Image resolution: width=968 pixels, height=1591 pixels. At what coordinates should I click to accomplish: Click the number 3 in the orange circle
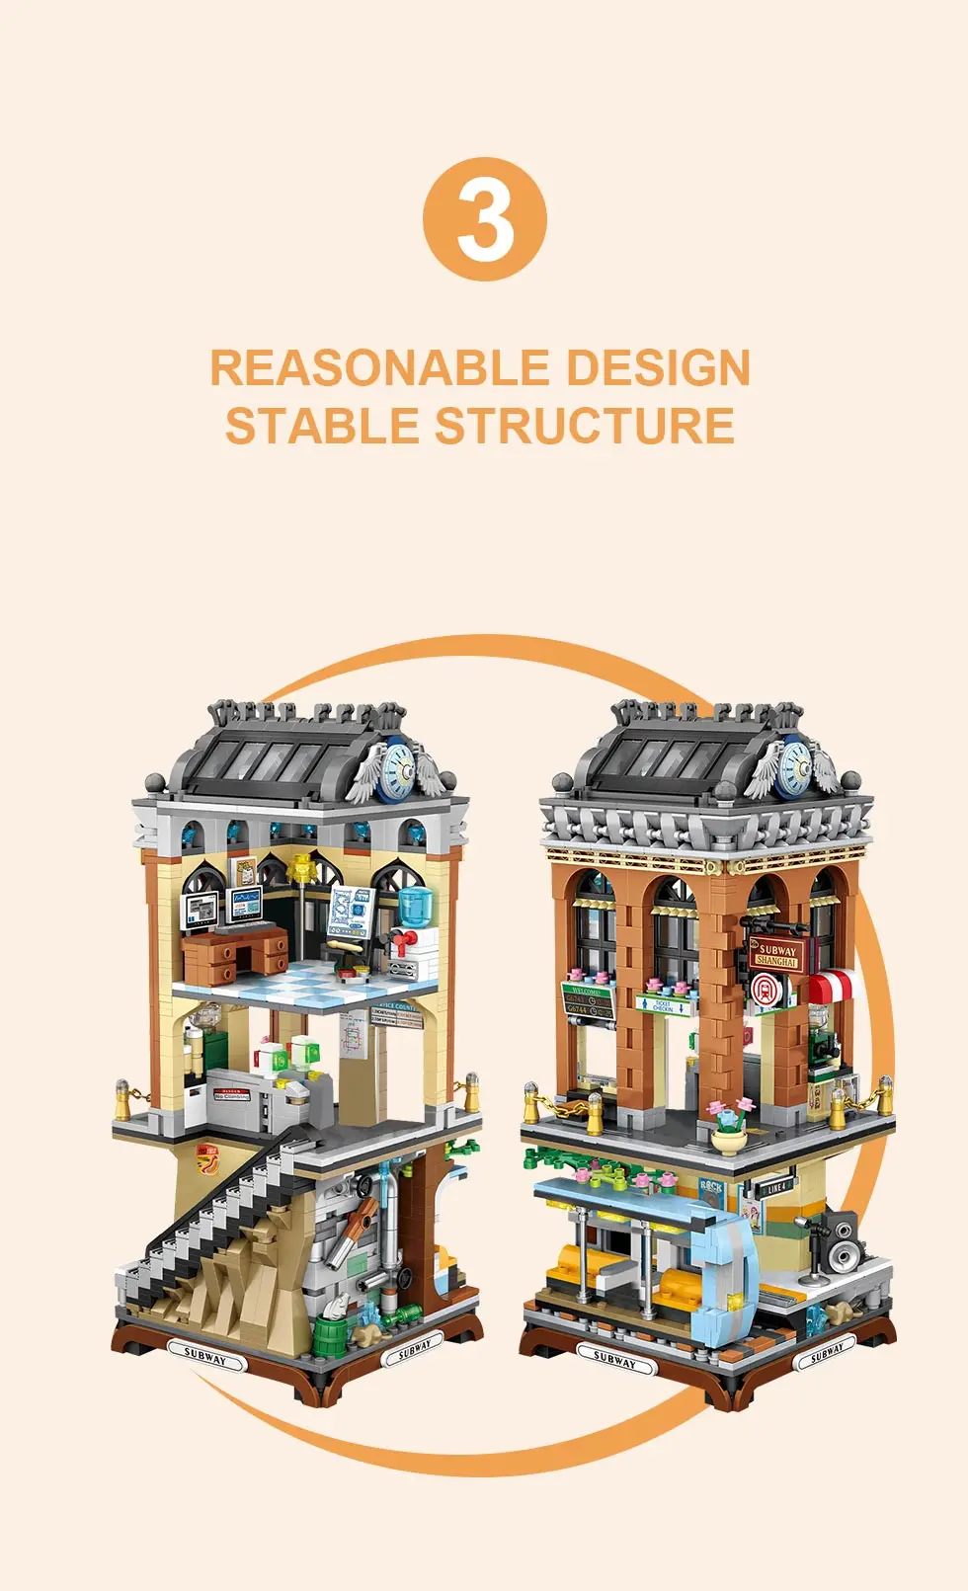point(484,219)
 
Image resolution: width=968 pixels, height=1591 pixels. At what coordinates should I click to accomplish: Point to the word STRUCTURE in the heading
point(585,427)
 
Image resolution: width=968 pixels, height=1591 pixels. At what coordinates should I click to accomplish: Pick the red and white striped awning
point(831,986)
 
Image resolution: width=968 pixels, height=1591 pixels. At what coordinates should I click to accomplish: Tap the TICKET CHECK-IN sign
point(662,1005)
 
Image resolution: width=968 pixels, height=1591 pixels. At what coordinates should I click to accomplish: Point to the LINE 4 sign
point(776,1187)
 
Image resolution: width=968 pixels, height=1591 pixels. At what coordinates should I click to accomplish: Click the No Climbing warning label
point(232,1095)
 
